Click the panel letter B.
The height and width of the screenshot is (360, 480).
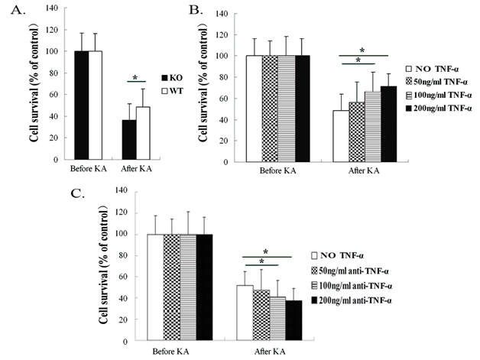coord(196,11)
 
